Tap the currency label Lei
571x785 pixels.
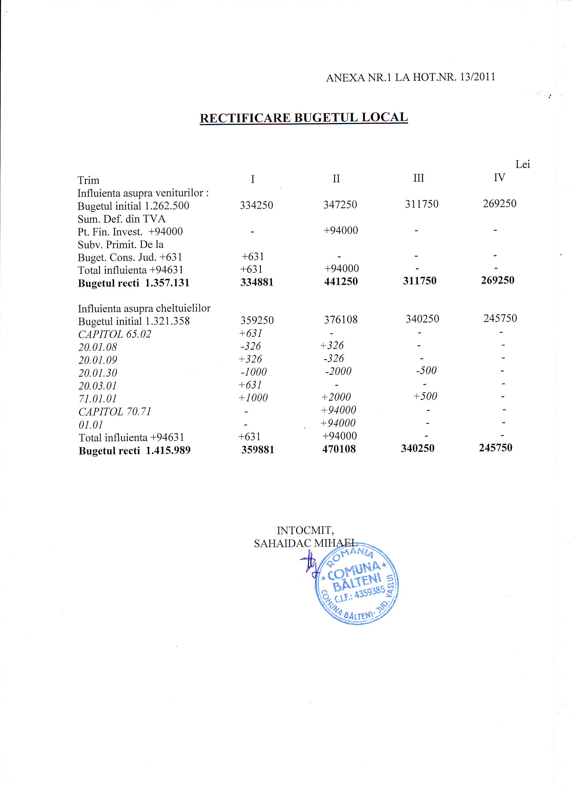(x=522, y=164)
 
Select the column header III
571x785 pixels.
(x=418, y=178)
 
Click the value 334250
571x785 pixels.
(x=256, y=205)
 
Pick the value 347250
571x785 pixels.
(x=340, y=205)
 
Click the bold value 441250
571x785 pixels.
(x=341, y=281)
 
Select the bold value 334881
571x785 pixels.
(x=257, y=282)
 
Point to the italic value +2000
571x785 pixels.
(x=336, y=397)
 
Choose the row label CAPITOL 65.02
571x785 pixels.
(x=115, y=334)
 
